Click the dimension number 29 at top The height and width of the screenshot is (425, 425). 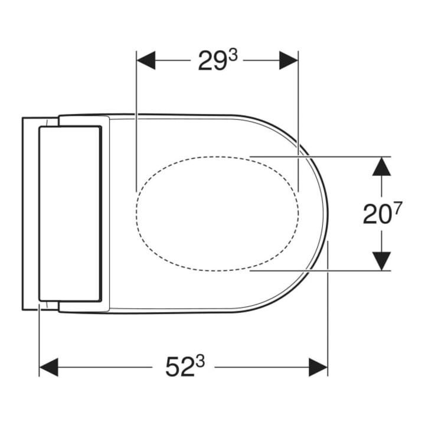tap(212, 61)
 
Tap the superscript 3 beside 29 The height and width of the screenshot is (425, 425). tap(233, 56)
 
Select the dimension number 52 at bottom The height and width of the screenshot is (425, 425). tap(179, 367)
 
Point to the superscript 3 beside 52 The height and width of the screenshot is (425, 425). tap(200, 362)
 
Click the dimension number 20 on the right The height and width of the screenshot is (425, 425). tap(377, 214)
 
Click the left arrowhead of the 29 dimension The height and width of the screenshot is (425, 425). tap(146, 60)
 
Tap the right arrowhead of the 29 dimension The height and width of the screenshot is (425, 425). tap(289, 60)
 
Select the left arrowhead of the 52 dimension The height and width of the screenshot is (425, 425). tap(49, 367)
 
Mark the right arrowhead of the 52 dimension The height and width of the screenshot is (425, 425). tap(318, 367)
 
